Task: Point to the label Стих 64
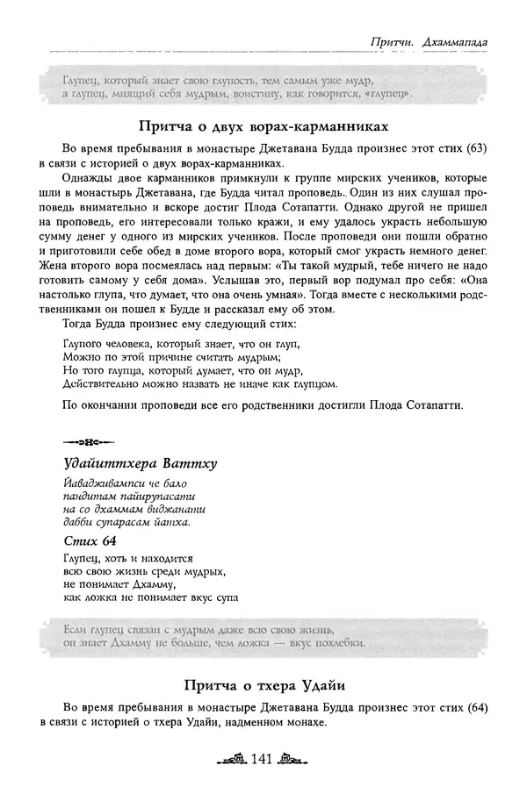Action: click(90, 540)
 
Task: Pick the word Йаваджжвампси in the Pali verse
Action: click(104, 483)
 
